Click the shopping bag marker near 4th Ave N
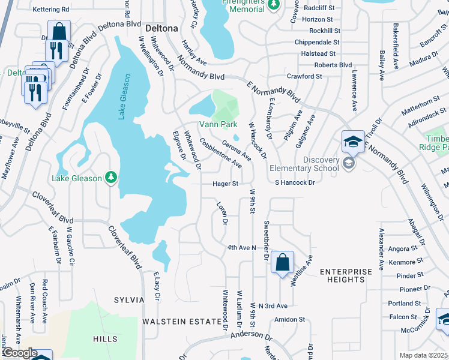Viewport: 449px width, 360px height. pos(282,262)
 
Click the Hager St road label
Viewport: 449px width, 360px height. pos(225,184)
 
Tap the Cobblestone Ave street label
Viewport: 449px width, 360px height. pos(221,154)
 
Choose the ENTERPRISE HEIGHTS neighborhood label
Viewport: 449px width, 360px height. pos(346,277)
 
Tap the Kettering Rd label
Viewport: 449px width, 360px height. pos(51,10)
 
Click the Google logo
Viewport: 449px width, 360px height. pos(20,352)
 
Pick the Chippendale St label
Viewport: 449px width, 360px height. pos(317,43)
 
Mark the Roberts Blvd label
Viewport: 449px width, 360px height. pos(333,65)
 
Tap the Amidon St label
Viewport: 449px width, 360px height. pos(290,320)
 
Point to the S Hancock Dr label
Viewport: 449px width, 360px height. pos(295,182)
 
